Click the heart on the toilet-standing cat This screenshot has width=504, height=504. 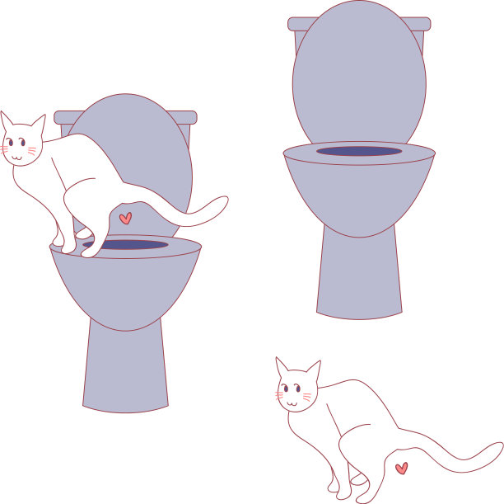[x=125, y=219]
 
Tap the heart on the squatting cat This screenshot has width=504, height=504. [x=401, y=469]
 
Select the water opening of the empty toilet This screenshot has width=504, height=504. [x=359, y=151]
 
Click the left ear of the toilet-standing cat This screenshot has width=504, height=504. [x=7, y=121]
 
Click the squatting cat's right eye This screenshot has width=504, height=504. [x=303, y=390]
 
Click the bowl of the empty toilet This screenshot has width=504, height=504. [x=359, y=194]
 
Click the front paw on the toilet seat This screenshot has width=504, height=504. [x=88, y=251]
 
